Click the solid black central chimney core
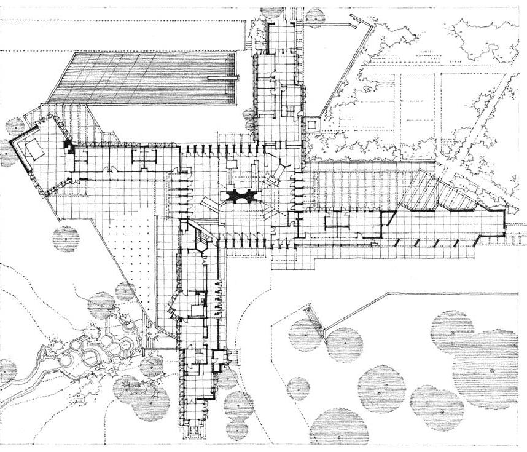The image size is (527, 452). tap(237, 196)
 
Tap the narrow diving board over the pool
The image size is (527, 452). tap(222, 78)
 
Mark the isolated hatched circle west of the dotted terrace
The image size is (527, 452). tap(66, 239)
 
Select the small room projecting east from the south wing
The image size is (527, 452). tap(221, 357)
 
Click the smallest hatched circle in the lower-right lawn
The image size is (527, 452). tap(299, 388)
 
